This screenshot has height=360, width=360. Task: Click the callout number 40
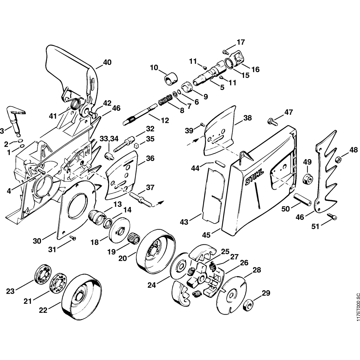[x=107, y=62]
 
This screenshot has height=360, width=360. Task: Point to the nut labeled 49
[x=308, y=178]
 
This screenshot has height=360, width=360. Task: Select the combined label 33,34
[x=103, y=139]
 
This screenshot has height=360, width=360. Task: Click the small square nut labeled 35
[x=136, y=145]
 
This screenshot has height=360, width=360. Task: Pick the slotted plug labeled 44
[x=220, y=163]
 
